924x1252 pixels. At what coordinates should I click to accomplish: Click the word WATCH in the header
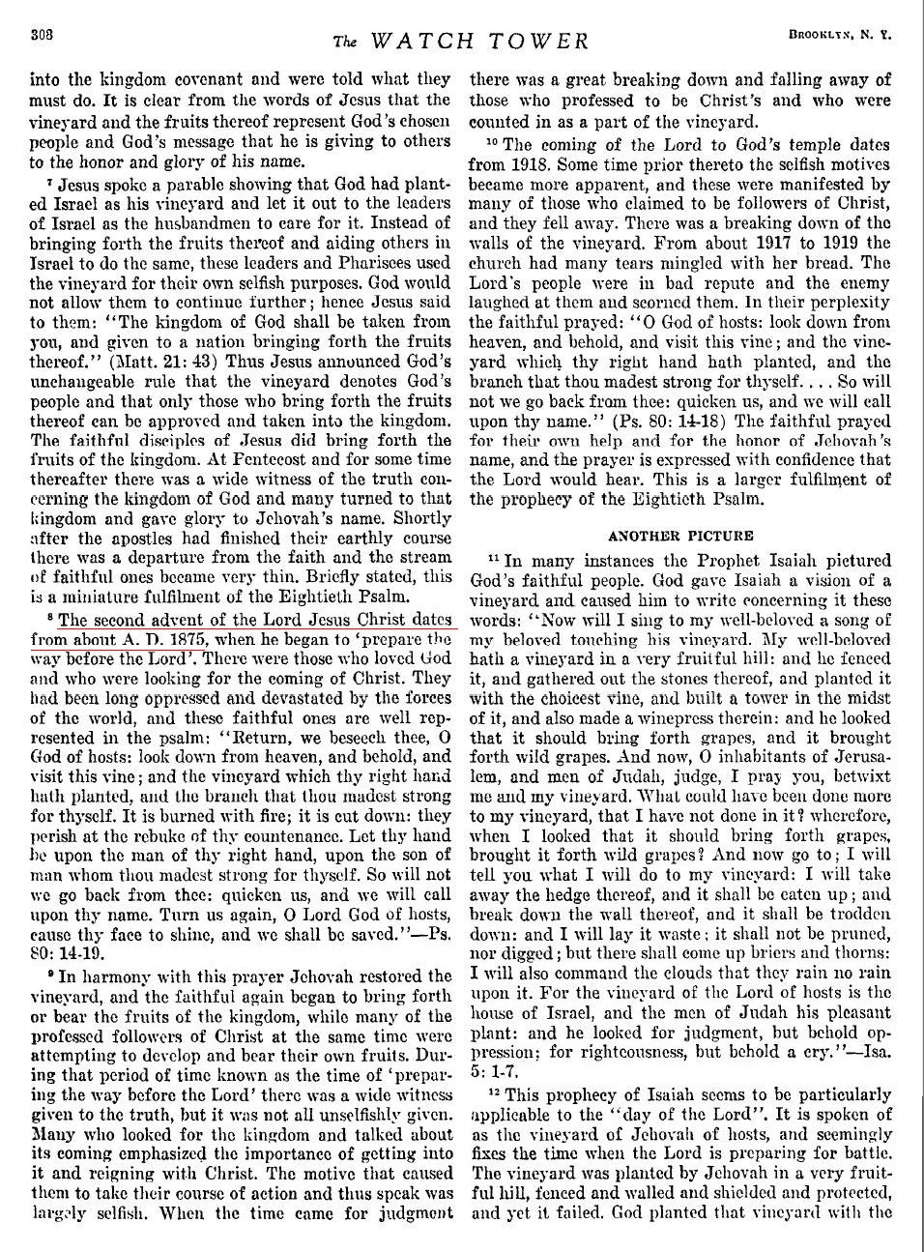[x=424, y=41]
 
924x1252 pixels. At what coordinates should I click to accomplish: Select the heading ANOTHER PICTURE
[x=679, y=535]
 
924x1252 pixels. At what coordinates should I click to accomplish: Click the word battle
[x=860, y=1153]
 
